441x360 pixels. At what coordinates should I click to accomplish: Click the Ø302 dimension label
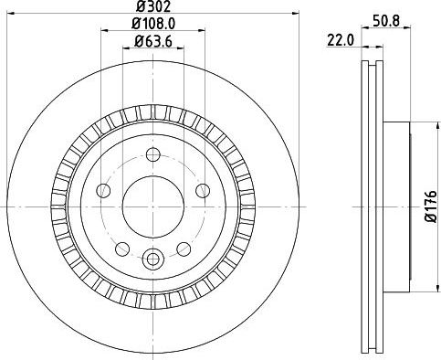tap(151, 7)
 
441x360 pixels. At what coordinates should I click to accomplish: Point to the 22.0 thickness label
tap(339, 40)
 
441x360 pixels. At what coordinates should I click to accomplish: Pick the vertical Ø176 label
tap(430, 206)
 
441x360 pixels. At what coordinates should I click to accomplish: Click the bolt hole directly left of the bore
tap(102, 190)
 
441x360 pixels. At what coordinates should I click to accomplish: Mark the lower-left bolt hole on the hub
tap(121, 248)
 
